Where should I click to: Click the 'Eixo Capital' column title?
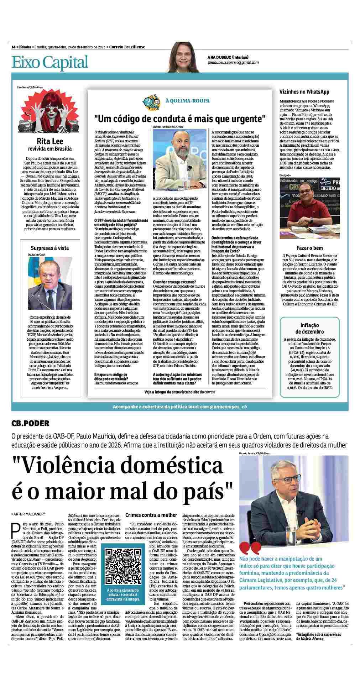[50, 62]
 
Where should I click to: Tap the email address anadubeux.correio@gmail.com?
[233, 63]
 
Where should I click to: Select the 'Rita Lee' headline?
[50, 141]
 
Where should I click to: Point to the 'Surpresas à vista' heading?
[50, 248]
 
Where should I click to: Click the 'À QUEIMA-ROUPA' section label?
[187, 101]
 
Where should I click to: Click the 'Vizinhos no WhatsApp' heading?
[304, 92]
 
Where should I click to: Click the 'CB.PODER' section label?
[30, 423]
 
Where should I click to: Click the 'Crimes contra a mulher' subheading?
[151, 515]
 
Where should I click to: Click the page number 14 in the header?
[13, 47]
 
